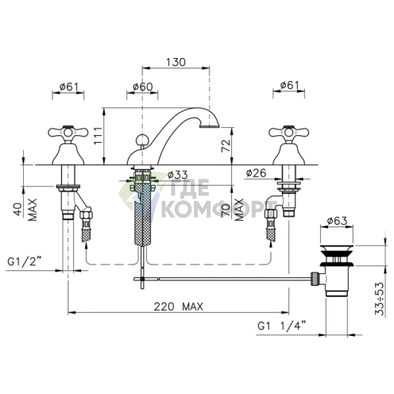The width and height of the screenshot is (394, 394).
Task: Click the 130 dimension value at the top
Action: click(x=176, y=62)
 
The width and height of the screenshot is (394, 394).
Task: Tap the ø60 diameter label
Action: click(x=143, y=87)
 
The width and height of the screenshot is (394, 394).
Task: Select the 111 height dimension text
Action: click(x=98, y=136)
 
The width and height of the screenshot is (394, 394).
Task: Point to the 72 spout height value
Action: click(x=226, y=146)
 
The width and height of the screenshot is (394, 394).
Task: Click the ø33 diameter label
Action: click(x=178, y=175)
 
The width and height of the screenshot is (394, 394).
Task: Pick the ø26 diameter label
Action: click(x=256, y=173)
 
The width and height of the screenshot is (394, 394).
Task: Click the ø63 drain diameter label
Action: click(x=337, y=221)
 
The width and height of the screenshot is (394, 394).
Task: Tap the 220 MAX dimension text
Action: click(x=179, y=307)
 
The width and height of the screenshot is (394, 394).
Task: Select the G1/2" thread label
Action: click(x=25, y=261)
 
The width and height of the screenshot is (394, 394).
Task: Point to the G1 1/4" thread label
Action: click(x=282, y=326)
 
